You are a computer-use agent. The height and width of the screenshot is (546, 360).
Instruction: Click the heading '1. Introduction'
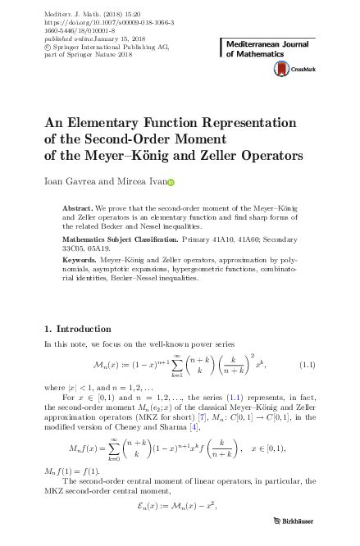click(x=79, y=330)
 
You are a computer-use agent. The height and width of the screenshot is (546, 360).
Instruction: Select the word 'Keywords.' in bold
click(x=80, y=261)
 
